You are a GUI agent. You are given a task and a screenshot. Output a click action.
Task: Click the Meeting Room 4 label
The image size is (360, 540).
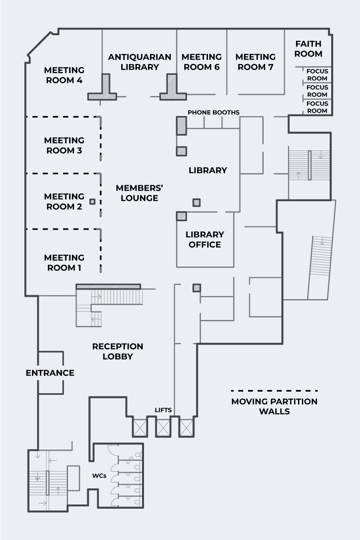[64, 75]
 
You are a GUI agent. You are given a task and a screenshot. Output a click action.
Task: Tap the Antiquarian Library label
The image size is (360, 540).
[140, 62]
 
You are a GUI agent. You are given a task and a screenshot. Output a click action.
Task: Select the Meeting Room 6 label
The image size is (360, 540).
[202, 62]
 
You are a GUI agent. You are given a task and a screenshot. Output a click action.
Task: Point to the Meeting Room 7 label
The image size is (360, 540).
[255, 62]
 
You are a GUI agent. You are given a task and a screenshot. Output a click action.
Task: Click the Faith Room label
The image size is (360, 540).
[308, 49]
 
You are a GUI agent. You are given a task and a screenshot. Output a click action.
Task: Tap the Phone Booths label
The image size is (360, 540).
[214, 112]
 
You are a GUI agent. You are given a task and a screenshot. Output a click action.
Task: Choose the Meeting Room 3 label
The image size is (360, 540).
[64, 145]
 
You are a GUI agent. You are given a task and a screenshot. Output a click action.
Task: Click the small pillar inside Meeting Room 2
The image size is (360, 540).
[92, 202]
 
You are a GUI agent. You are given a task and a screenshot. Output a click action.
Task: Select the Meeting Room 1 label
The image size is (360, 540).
[64, 263]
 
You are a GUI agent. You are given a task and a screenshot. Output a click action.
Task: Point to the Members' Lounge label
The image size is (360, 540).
[140, 193]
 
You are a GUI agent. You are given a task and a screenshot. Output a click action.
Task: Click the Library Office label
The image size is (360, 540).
[205, 239]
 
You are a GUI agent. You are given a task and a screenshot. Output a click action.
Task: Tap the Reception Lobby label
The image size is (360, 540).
[118, 352]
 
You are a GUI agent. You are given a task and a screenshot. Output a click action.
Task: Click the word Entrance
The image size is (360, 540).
[50, 373]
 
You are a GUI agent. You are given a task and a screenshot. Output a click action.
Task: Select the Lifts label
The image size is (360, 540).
[163, 410]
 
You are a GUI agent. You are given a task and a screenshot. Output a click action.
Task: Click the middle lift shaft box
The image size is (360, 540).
[163, 428]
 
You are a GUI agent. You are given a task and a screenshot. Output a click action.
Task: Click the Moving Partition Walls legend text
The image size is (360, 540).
[274, 406]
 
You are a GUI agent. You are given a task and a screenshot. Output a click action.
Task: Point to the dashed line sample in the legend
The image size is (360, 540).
[274, 390]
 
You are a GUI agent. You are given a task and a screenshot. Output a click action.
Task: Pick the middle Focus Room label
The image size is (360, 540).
[317, 91]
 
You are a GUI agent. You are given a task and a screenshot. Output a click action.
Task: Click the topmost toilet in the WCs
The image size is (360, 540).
[138, 455]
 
